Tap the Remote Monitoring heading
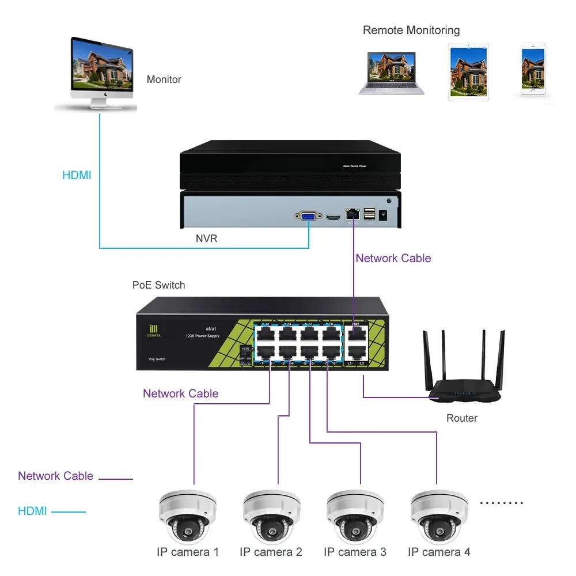click(411, 30)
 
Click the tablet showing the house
click(468, 71)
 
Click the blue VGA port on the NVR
click(308, 217)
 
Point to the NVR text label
click(206, 238)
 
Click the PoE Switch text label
click(159, 285)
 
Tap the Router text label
click(461, 418)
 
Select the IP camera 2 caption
click(271, 552)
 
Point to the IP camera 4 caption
click(439, 552)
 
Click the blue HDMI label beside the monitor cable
click(77, 175)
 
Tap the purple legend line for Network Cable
click(116, 478)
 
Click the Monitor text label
click(164, 79)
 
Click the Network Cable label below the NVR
click(393, 258)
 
